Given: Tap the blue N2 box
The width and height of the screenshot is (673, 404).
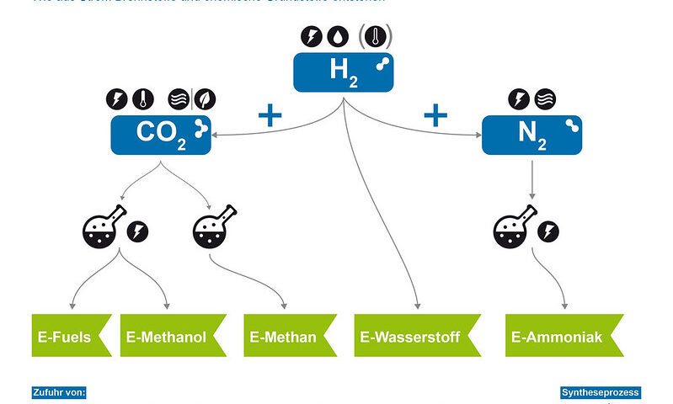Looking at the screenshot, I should pos(531,135).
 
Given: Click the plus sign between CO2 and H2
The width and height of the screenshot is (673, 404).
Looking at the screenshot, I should pos(270,115).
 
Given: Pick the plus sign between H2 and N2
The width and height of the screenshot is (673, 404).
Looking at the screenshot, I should pos(435,114).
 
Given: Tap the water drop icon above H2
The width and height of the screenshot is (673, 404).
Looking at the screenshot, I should pos(339,38).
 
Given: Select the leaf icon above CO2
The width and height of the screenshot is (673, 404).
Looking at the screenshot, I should pos(204,98).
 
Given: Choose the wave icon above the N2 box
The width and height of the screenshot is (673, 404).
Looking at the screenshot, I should pos(545,98).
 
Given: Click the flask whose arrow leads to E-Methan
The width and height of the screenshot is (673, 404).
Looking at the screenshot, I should pos(211,228).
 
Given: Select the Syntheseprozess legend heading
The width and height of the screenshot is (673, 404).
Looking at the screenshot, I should pos(601,392).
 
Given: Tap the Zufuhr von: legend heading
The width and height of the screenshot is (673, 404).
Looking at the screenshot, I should pos(60,392).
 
